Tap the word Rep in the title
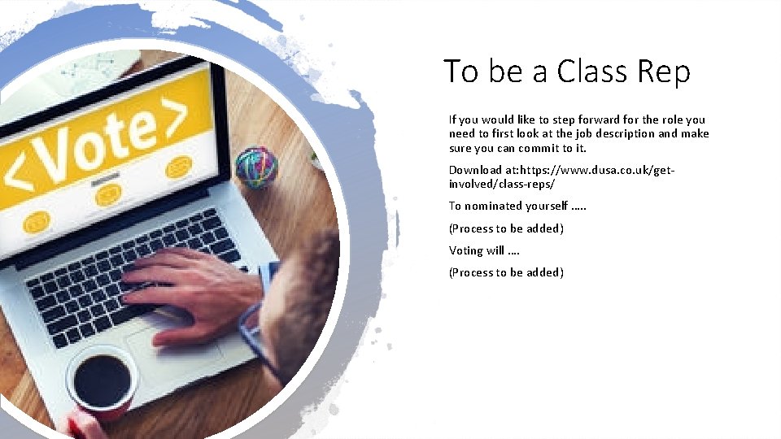[x=660, y=72]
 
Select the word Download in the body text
[x=474, y=170]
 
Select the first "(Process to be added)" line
[x=506, y=228]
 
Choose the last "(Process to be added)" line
[x=506, y=272]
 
